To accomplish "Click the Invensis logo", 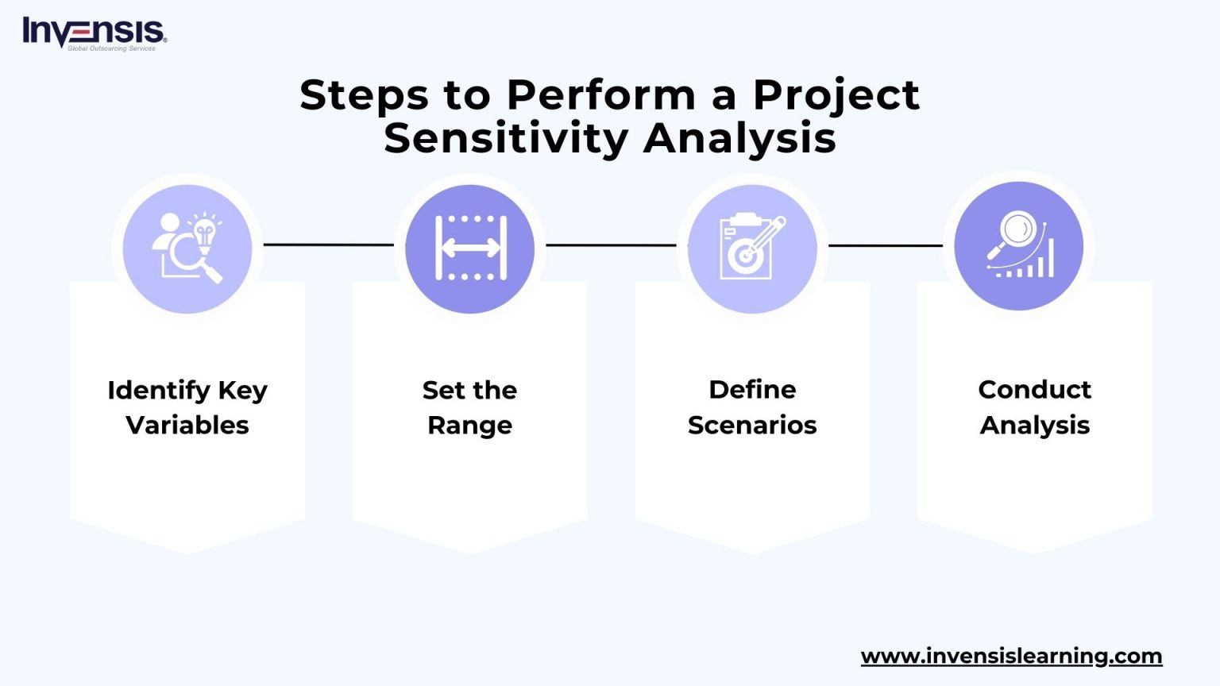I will pos(94,32).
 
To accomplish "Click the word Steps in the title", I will pos(364,95).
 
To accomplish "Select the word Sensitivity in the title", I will pos(506,138).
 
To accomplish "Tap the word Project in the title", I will pos(836,95).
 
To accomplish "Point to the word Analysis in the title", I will pos(739,138).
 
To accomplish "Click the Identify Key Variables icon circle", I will pos(187,249).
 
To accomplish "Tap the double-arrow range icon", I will pos(470,249).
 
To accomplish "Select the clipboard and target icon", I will pos(752,249).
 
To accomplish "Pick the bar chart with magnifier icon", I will pos(1019,246).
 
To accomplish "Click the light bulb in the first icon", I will pos(205,233).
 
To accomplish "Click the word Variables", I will pos(187,426).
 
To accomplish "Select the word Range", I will pos(469,426).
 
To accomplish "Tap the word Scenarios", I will pos(752,426).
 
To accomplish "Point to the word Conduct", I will pos(1034,390).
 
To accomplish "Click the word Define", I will pos(752,390).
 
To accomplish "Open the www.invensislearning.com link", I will pos(1011,657).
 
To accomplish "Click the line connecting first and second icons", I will pos(328,245).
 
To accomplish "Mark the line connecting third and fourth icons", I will pos(885,245).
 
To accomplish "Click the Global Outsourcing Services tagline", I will pos(111,48).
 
